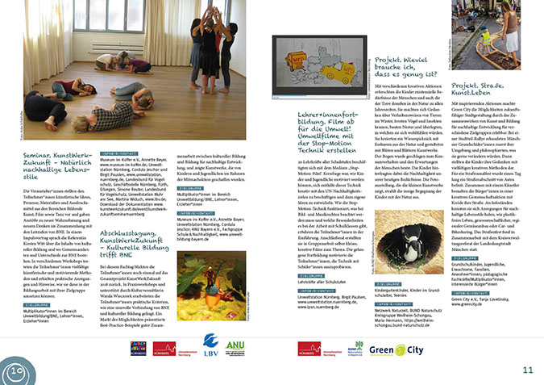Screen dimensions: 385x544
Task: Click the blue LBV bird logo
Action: (x=211, y=345)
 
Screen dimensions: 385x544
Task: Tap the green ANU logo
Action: (x=236, y=345)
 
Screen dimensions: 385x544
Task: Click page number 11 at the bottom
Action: (x=527, y=370)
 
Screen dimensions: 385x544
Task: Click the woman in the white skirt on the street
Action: (x=508, y=36)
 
